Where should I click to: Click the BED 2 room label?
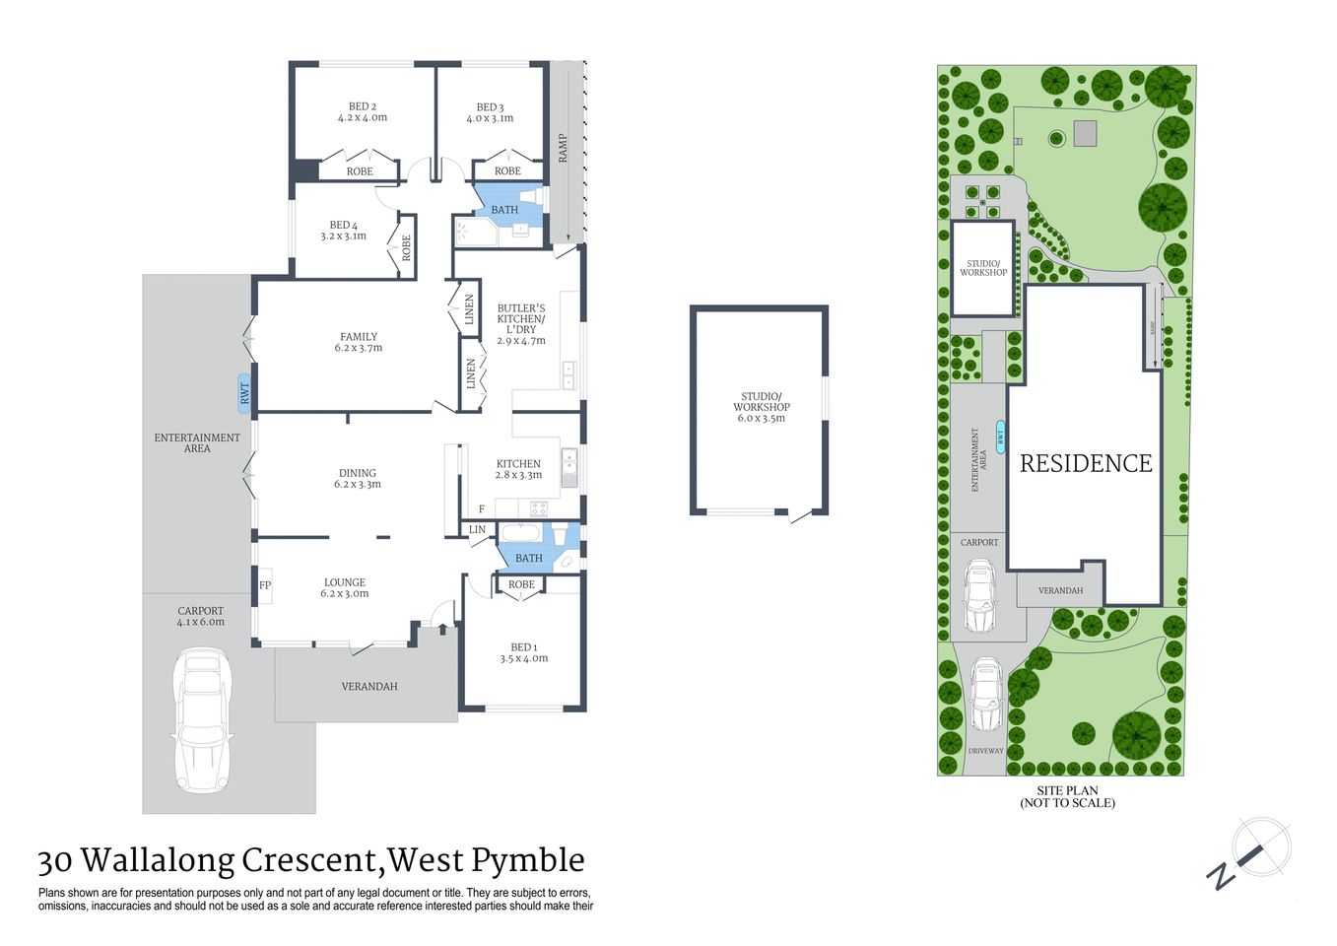[x=362, y=112]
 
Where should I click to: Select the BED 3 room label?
[x=490, y=112]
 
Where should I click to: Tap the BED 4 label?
[x=343, y=231]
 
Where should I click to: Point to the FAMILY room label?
[x=359, y=342]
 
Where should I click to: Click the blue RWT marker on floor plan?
[x=244, y=391]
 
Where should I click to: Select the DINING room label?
[x=357, y=478]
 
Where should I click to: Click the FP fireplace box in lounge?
[x=265, y=585]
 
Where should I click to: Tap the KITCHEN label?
[x=518, y=469]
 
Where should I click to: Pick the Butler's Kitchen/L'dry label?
[x=520, y=324]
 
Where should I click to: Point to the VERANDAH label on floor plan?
[x=369, y=687]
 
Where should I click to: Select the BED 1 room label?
[x=523, y=652]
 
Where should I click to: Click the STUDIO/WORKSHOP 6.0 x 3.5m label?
[x=761, y=407]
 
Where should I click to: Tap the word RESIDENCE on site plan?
[x=1085, y=464]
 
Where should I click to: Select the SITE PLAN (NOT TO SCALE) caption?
[x=1067, y=797]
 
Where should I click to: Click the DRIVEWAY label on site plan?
[x=985, y=751]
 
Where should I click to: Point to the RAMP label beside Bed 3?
[x=563, y=148]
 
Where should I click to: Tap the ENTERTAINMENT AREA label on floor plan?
[x=197, y=442]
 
